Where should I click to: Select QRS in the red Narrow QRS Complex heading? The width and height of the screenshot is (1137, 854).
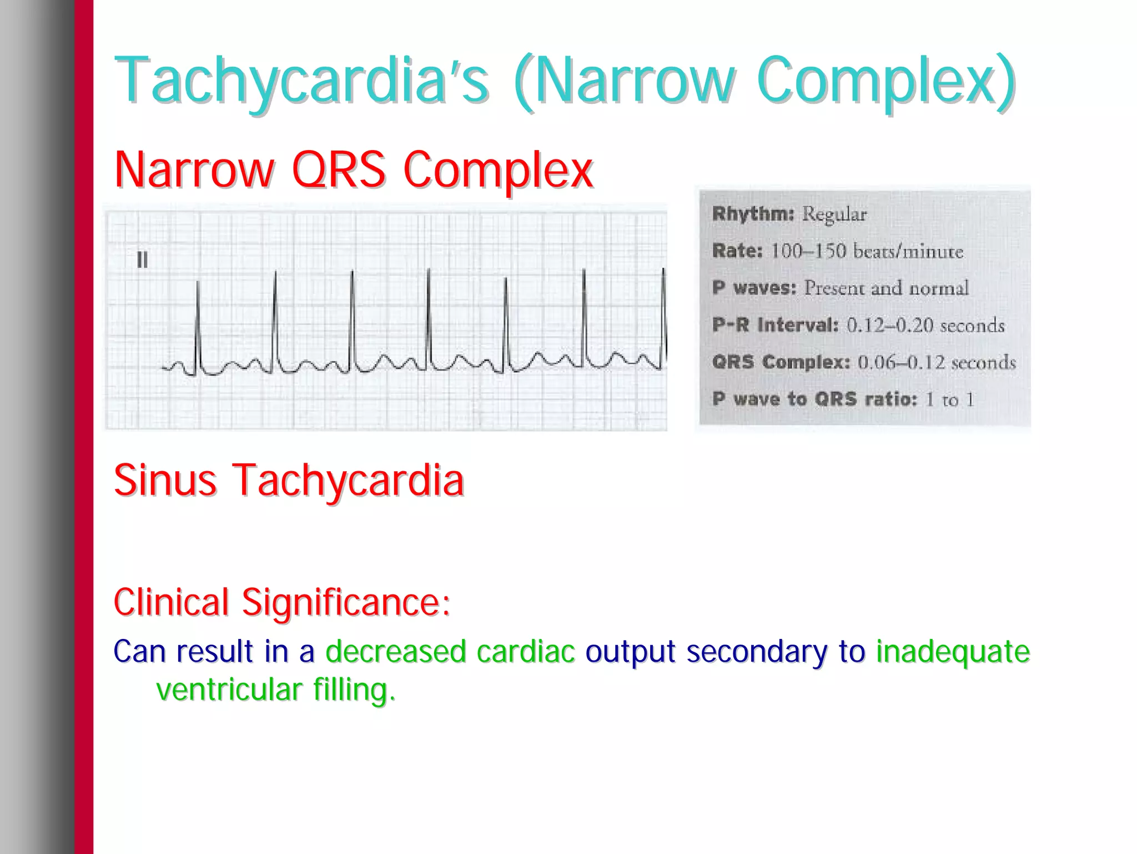click(338, 170)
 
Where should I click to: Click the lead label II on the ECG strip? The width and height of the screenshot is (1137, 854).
click(142, 259)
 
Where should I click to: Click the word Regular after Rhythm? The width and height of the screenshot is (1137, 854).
click(834, 214)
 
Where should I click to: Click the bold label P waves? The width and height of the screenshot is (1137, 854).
click(754, 288)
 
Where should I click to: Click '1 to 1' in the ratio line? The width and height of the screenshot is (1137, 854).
click(949, 399)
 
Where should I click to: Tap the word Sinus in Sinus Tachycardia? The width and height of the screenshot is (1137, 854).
click(165, 480)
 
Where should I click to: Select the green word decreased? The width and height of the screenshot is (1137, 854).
click(395, 651)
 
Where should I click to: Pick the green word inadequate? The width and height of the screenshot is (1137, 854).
click(953, 651)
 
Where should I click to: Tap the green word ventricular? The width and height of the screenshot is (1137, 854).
click(229, 690)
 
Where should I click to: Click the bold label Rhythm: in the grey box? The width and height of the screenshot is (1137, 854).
click(753, 214)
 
